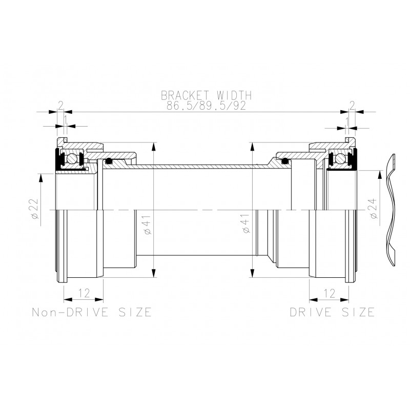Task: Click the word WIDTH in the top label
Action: coord(233,95)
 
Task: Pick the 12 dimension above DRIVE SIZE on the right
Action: coord(329,293)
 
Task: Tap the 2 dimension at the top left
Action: coord(60,106)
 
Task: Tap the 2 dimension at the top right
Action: coord(352,106)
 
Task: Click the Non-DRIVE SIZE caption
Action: coord(91,312)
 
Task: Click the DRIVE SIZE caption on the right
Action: coord(332,312)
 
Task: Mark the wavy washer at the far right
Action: coord(391,209)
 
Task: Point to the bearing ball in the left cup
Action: coord(75,159)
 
